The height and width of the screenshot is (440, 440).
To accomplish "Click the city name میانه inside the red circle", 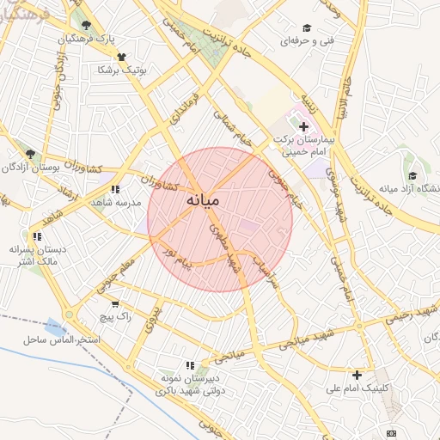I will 203,199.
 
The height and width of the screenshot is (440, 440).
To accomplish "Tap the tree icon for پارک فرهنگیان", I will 85,23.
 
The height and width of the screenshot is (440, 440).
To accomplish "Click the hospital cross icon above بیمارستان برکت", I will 302,126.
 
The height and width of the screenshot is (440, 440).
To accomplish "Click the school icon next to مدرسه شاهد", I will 115,189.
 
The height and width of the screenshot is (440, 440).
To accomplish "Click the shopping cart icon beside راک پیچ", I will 115,303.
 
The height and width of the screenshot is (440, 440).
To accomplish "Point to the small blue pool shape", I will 55,327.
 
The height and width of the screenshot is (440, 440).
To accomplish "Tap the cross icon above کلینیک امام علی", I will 357,374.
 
